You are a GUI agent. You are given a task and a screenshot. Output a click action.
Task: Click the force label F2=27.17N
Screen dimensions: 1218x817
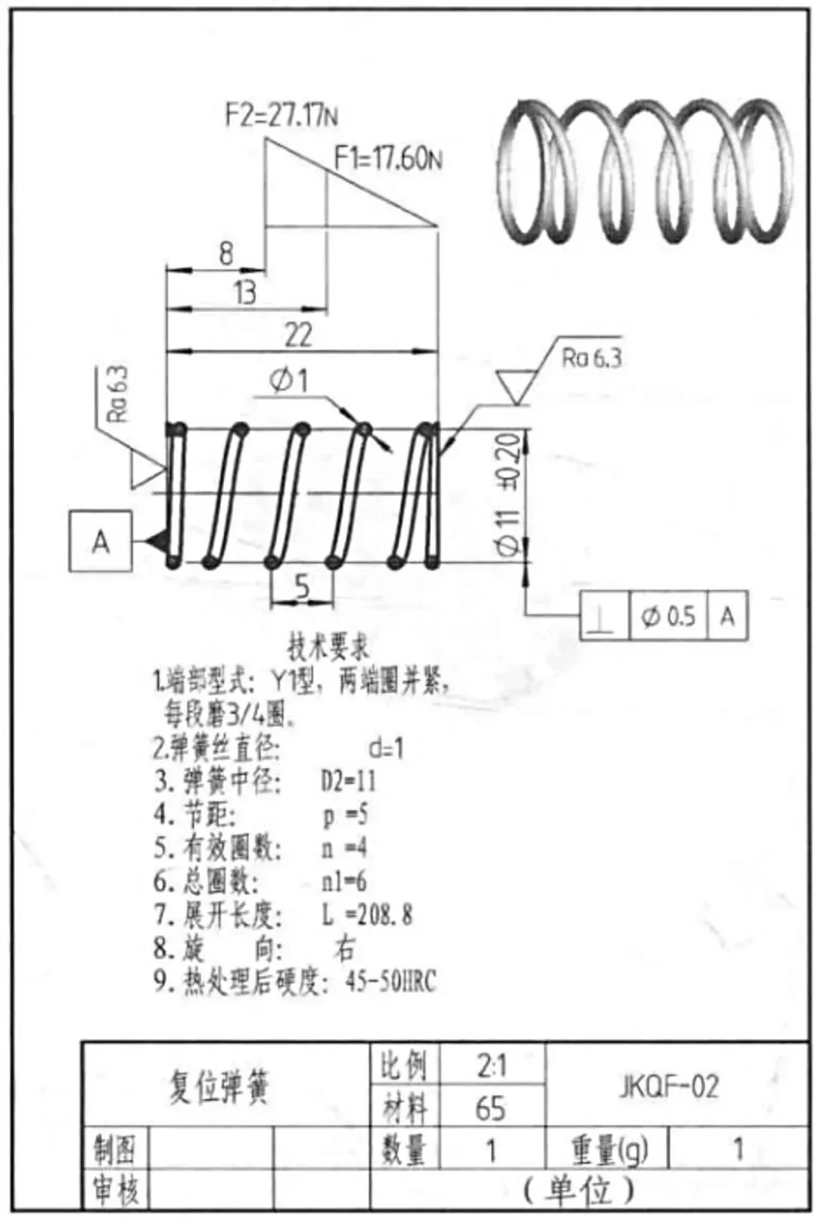281,116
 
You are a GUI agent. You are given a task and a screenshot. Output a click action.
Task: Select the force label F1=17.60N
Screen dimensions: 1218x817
388,159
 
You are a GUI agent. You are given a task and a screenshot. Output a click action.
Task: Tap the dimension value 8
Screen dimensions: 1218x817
225,253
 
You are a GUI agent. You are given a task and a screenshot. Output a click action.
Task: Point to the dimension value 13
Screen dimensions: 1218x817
244,293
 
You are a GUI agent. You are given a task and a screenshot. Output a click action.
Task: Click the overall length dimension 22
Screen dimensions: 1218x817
297,334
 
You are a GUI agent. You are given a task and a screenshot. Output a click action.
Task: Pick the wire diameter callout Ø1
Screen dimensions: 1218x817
289,381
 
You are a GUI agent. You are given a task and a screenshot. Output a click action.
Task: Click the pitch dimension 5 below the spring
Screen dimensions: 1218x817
302,586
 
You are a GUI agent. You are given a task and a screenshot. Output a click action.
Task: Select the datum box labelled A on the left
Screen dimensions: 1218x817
101,541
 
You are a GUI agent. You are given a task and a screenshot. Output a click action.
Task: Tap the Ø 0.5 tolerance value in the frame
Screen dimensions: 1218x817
668,616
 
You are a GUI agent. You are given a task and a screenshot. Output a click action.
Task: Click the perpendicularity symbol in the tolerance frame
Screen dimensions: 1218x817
603,616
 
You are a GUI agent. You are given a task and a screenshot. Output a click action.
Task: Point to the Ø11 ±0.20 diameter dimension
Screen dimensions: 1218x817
509,496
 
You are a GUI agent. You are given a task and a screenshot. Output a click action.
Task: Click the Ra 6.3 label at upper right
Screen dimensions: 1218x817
592,358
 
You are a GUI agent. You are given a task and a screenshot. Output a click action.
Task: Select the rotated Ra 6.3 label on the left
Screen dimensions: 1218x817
119,394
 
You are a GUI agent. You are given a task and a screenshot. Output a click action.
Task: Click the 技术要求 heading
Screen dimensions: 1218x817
328,648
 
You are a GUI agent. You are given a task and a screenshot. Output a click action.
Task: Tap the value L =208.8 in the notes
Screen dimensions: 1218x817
367,915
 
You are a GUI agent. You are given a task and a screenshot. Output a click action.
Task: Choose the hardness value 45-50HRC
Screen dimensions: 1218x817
390,981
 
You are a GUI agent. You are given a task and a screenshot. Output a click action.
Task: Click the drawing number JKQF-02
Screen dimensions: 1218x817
669,1086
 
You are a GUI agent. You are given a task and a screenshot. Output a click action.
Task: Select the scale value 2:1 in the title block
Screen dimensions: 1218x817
491,1066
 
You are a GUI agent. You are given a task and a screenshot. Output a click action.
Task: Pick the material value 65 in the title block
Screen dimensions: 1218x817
490,1108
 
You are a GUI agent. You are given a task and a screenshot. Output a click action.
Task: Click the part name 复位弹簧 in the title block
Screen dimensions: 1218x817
219,1088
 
